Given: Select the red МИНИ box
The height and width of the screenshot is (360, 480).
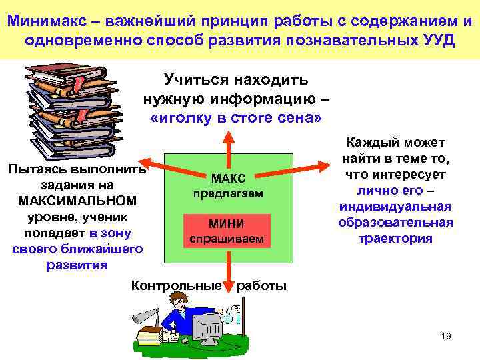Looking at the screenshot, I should click(228, 224).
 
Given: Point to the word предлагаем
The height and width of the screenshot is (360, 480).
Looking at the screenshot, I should click(229, 193).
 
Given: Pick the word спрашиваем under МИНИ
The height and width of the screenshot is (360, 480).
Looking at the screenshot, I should click(228, 239).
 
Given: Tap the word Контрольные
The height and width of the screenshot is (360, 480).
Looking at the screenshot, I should click(176, 286).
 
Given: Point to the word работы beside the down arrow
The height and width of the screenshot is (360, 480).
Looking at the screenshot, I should click(262, 286).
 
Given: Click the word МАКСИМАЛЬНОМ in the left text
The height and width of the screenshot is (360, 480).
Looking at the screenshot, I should click(77, 201).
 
